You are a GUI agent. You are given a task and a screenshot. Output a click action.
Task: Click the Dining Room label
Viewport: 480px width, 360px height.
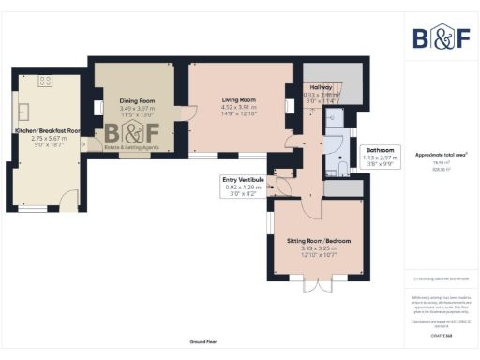(137, 100)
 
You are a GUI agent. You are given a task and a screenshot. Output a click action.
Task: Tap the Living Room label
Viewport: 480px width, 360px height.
(238, 99)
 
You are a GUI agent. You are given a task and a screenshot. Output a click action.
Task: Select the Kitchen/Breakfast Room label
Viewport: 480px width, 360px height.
(47, 131)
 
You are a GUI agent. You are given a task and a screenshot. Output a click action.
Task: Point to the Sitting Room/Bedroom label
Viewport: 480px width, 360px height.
(319, 241)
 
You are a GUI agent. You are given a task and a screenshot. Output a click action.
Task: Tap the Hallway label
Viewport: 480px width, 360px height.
(322, 87)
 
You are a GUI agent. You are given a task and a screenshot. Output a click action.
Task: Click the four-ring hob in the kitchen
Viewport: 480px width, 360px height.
(43, 81)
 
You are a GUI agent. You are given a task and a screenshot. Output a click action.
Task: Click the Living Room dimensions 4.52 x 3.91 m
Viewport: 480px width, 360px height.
(238, 110)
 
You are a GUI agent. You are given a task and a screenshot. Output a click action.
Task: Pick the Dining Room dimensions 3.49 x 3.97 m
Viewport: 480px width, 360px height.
(137, 110)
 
